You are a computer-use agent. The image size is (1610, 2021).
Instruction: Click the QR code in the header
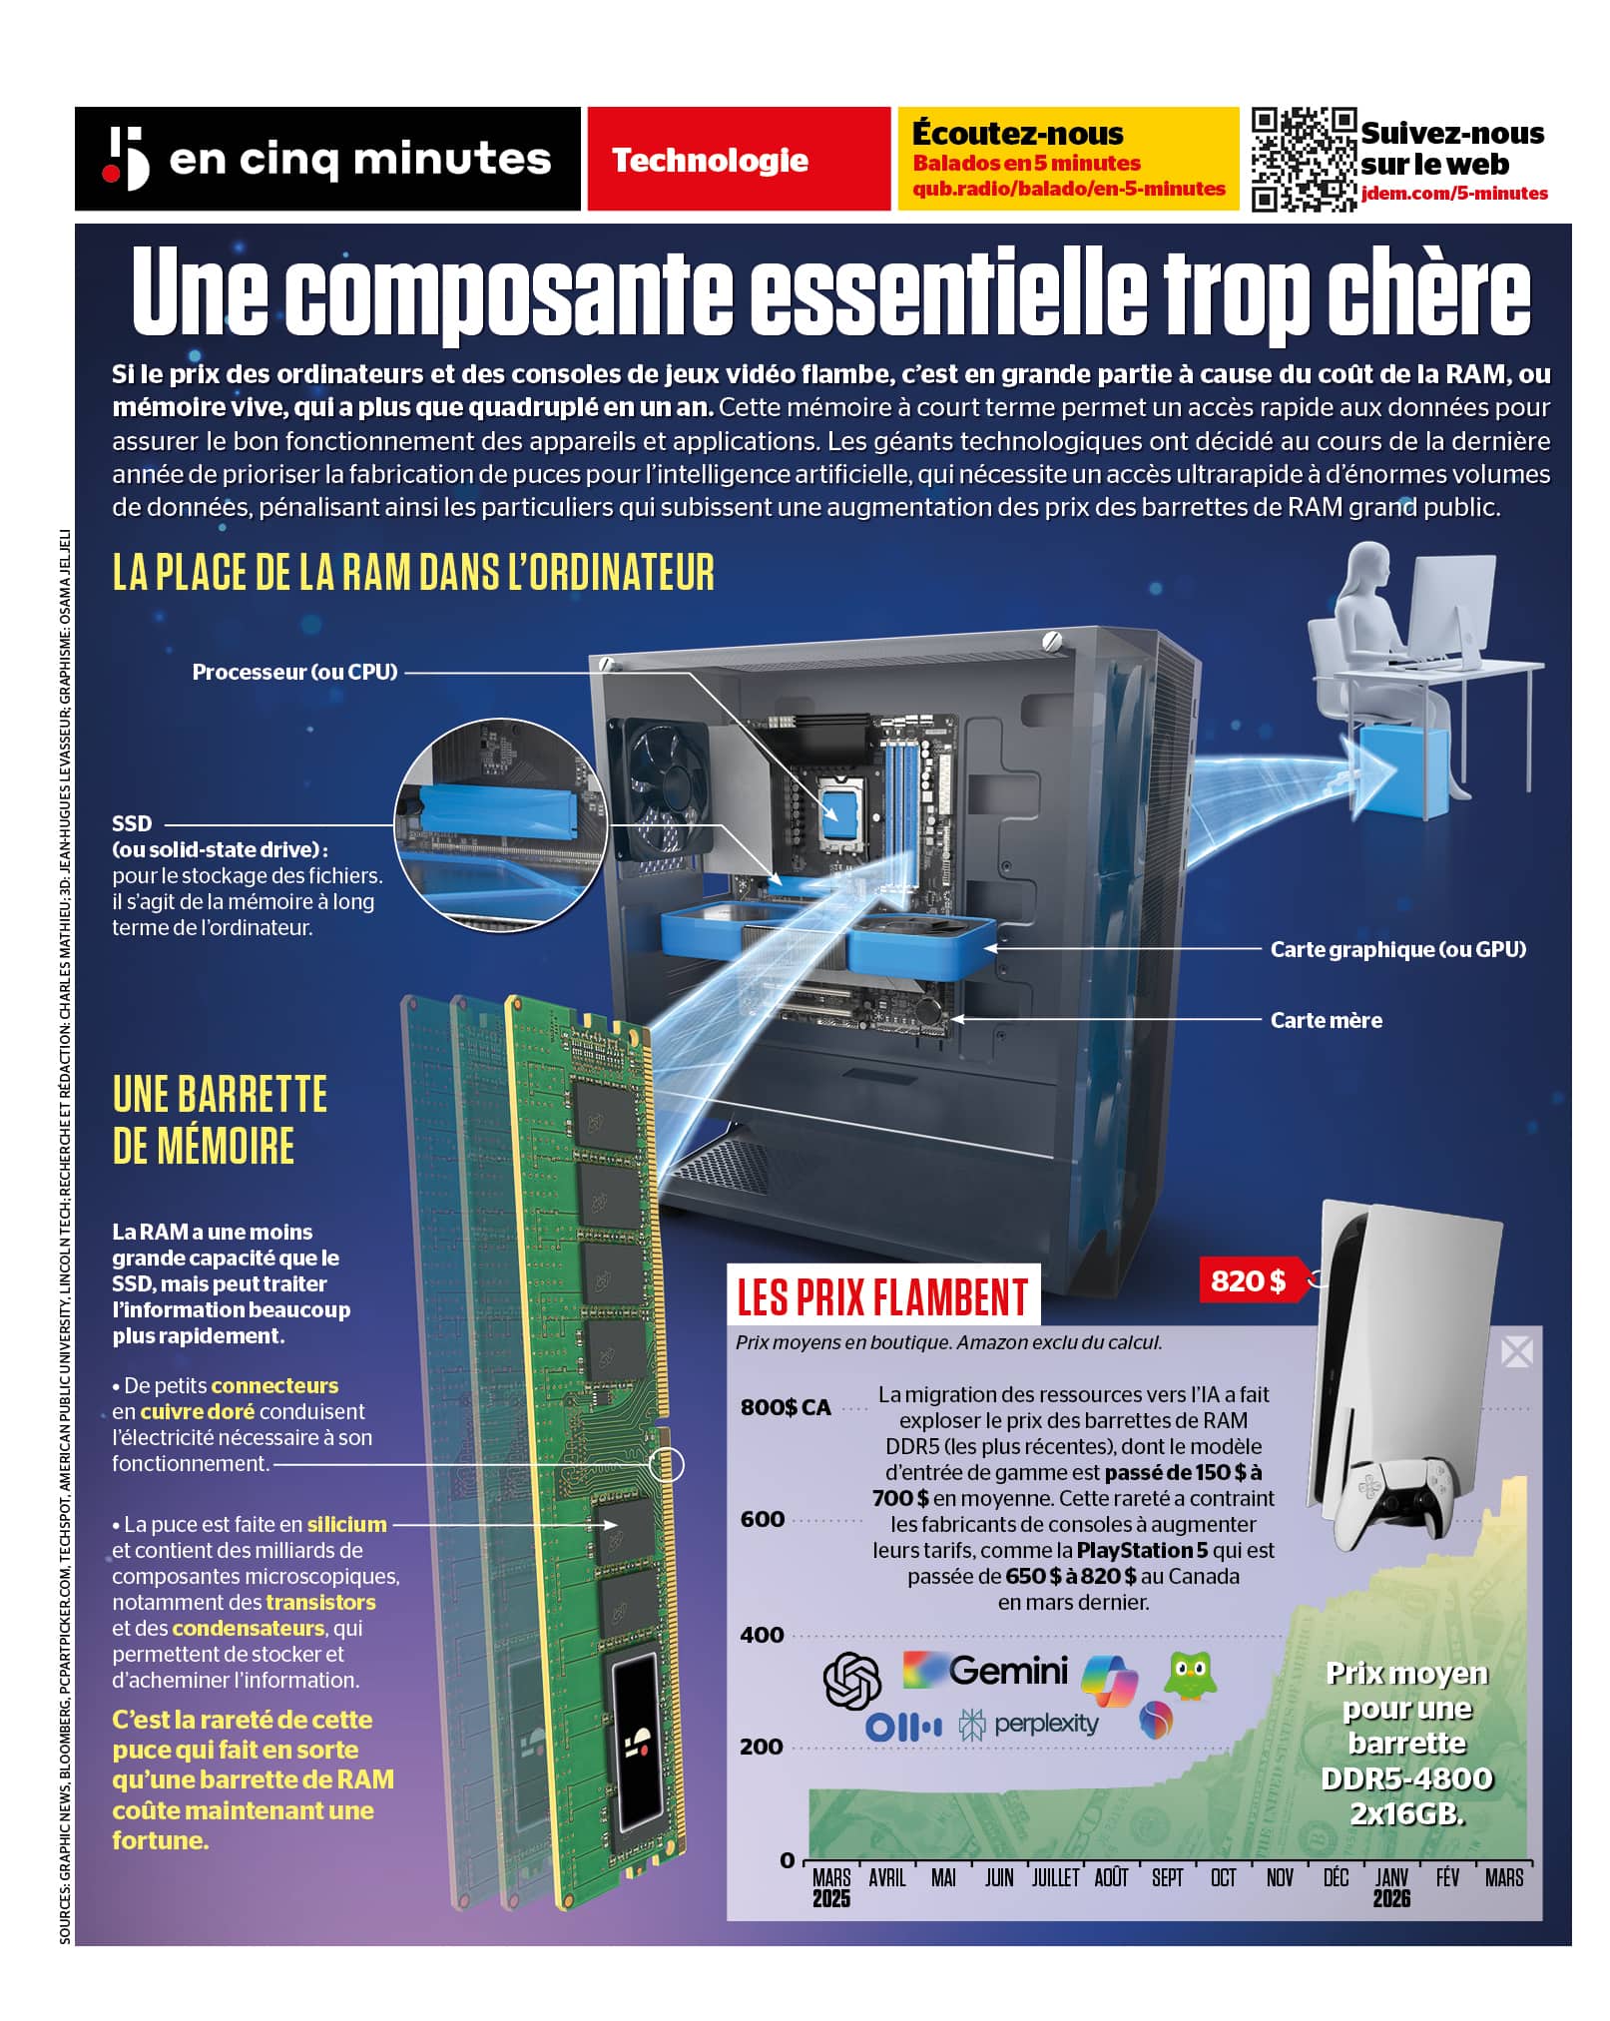coord(1304,160)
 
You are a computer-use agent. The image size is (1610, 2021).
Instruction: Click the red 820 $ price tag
coord(1250,1280)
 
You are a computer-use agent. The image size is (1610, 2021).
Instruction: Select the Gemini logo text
coord(1008,1670)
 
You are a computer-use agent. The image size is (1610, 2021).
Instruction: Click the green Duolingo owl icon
coord(1191,1675)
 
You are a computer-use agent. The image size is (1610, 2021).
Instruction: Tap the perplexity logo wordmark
coord(1045,1724)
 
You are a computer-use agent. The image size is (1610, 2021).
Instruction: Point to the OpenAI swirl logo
coord(851,1680)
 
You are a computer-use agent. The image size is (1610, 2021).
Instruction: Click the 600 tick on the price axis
coord(763,1519)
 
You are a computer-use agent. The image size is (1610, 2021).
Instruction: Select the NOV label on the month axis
coord(1279,1878)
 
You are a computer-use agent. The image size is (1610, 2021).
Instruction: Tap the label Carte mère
coord(1326,1020)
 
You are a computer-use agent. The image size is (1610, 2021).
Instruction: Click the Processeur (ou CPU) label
coord(294,672)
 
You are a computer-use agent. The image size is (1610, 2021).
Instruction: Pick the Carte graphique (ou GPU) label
coord(1397,949)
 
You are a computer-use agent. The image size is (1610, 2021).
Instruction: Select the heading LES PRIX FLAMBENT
coord(882,1296)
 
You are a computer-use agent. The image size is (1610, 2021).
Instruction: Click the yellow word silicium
coord(346,1524)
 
